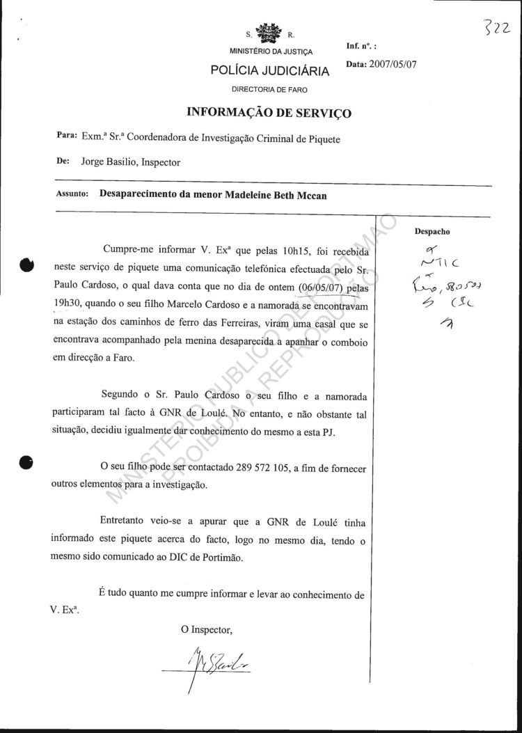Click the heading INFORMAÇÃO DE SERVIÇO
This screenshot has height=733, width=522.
tap(269, 113)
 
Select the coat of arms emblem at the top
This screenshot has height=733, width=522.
tap(271, 33)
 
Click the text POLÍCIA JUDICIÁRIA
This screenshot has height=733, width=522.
tap(271, 71)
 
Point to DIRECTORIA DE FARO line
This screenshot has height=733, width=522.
tap(270, 90)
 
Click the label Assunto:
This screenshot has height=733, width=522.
tap(72, 195)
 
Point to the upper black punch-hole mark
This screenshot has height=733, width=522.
tap(27, 265)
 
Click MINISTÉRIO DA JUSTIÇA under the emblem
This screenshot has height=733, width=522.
tap(271, 52)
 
